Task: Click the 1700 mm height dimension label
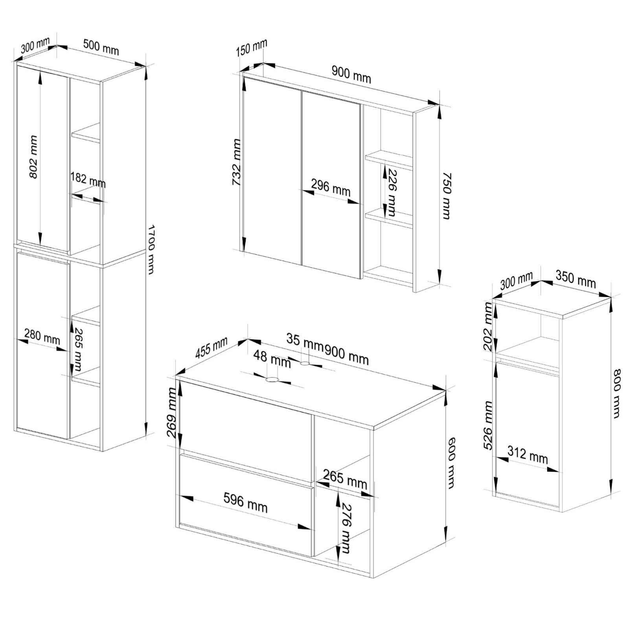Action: tap(151, 249)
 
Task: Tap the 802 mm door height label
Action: tap(33, 157)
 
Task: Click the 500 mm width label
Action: tap(101, 47)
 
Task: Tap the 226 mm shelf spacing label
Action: tap(391, 192)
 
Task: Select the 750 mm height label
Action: tap(446, 195)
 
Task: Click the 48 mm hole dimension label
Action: tap(272, 359)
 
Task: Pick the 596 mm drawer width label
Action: tap(245, 503)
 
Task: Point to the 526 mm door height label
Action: tap(488, 425)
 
